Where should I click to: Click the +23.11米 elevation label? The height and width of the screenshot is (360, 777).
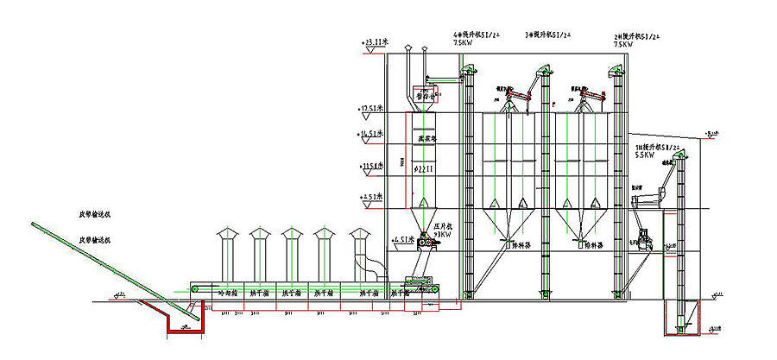(377, 41)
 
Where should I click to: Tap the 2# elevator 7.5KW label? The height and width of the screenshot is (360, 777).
(623, 43)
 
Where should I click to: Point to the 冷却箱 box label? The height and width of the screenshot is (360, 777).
(227, 294)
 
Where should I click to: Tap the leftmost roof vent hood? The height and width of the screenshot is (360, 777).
(227, 235)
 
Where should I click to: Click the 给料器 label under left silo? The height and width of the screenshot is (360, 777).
(521, 244)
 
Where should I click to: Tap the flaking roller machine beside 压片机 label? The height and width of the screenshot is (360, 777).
(426, 244)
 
